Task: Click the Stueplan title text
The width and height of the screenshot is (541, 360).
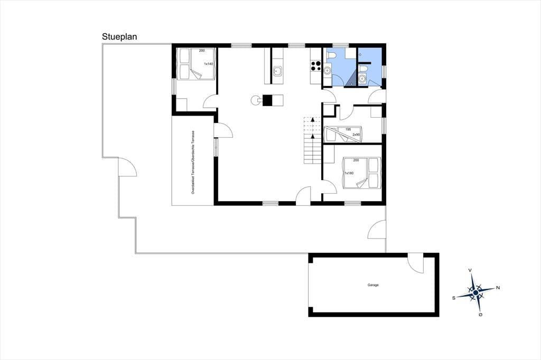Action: click(x=119, y=37)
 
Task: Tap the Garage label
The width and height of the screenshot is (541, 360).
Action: click(x=373, y=285)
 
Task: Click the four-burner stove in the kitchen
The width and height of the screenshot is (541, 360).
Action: click(x=315, y=65)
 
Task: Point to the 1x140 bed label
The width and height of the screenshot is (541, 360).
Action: click(x=208, y=64)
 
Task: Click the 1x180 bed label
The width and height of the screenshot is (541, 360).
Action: click(x=349, y=173)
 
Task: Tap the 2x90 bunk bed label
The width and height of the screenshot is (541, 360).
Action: click(x=356, y=135)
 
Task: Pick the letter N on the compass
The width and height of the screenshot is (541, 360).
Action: click(x=498, y=288)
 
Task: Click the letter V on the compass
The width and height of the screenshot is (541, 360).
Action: click(x=470, y=271)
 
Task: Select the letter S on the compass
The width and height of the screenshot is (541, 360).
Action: click(x=454, y=298)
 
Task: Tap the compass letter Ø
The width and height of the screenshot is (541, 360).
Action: click(x=481, y=315)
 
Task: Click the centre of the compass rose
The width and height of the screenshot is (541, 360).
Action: click(x=476, y=292)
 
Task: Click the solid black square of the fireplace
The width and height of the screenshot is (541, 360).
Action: click(x=268, y=100)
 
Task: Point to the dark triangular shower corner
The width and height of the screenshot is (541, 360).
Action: click(x=351, y=80)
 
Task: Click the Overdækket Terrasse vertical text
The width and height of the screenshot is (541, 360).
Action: click(x=193, y=162)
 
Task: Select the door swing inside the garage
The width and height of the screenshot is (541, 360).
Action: click(x=415, y=263)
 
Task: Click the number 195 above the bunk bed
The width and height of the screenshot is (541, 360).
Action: click(x=348, y=129)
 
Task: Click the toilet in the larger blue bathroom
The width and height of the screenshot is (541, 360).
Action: click(x=330, y=55)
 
